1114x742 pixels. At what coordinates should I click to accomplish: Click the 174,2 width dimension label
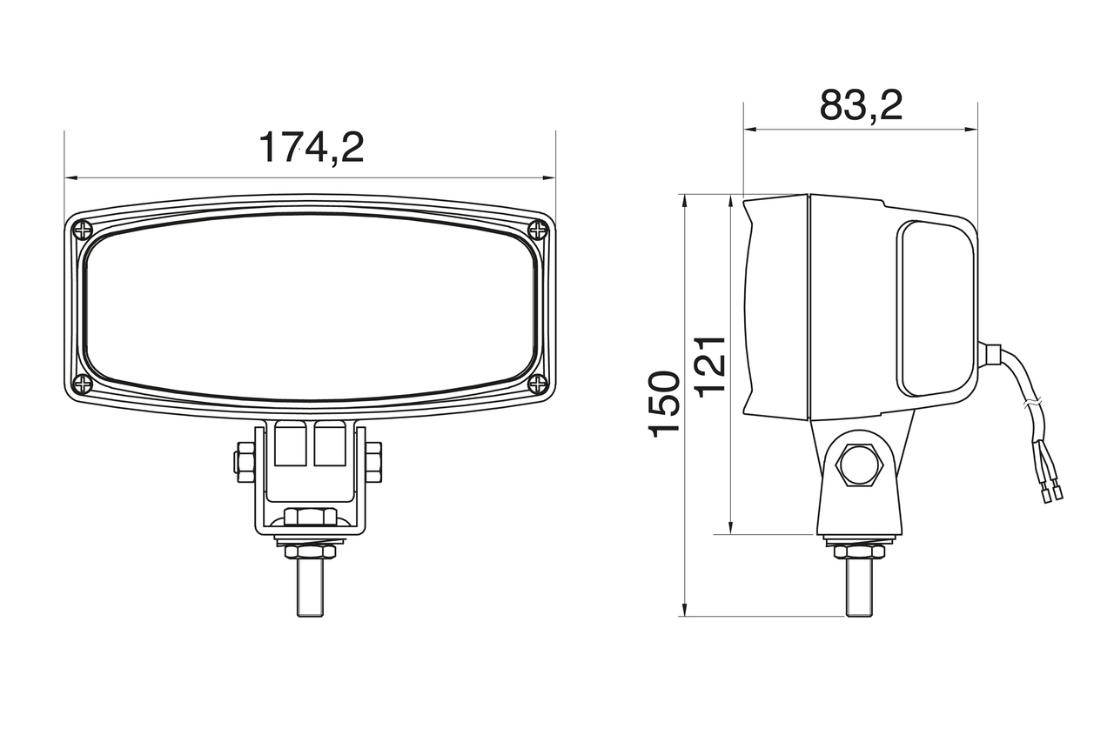point(311,148)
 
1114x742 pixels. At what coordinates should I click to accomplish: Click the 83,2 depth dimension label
point(861,105)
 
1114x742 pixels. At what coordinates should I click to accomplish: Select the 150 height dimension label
point(665,404)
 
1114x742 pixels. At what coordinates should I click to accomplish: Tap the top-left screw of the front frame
point(83,231)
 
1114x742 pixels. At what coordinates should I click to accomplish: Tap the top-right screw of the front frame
point(538,231)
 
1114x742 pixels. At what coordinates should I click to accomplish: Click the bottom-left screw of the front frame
point(83,383)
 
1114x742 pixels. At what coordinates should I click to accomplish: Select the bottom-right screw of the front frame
point(538,383)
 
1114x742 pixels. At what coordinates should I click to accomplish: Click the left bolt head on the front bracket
point(244,462)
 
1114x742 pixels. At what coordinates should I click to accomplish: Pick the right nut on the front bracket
point(374,462)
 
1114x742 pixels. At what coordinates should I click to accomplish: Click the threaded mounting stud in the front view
point(310,587)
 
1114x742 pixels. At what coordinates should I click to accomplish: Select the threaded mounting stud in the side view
point(859,587)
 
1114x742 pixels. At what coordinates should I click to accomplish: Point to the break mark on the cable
point(1030,404)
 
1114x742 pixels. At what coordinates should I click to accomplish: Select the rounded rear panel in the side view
point(936,309)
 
